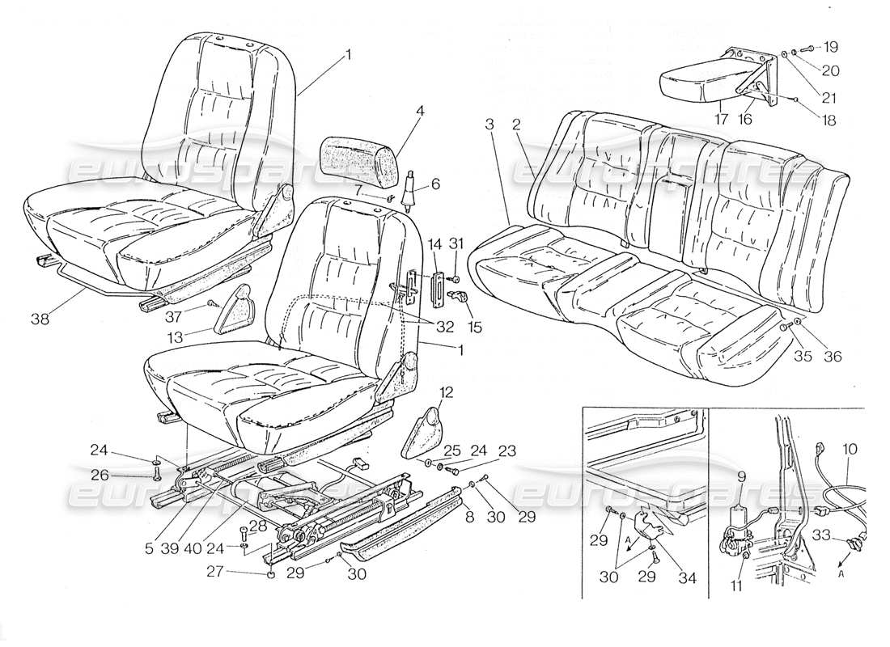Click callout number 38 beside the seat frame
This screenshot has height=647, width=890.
pos(40,319)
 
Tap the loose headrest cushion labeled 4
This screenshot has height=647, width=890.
pos(358,156)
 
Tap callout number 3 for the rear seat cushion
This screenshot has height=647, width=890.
pos(489,124)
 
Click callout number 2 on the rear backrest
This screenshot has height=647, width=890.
pos(515,124)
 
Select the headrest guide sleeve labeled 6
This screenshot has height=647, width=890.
pos(410,188)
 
